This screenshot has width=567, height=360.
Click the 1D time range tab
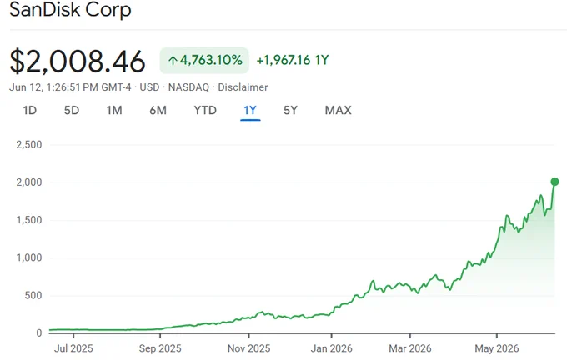click(30, 110)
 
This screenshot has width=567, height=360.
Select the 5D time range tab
click(72, 110)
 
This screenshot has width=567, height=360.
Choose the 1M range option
click(114, 110)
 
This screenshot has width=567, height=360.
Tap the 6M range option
click(158, 110)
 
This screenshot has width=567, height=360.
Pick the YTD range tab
click(205, 110)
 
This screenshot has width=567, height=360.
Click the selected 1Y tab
click(250, 110)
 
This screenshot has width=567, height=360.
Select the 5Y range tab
click(290, 110)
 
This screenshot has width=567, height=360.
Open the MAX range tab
click(338, 110)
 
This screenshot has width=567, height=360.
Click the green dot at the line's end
click(554, 182)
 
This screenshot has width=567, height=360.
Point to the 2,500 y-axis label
click(29, 144)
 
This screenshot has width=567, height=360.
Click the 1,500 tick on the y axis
click(29, 220)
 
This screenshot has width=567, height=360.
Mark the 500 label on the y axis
click(33, 295)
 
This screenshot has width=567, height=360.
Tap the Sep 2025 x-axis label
click(160, 348)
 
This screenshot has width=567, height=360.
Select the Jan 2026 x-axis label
click(331, 348)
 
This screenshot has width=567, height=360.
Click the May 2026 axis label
click(497, 348)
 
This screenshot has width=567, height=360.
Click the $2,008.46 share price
click(78, 62)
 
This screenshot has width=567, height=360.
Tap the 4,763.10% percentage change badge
click(204, 60)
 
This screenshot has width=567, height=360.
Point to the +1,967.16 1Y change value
click(293, 60)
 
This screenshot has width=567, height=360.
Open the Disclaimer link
click(243, 87)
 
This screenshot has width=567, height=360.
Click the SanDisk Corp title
click(70, 9)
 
